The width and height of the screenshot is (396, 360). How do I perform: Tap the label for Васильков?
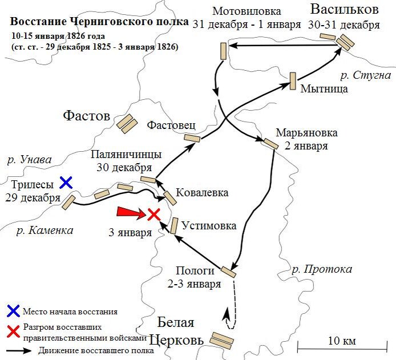tap(344, 10)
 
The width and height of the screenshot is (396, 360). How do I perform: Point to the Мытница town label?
tap(324, 88)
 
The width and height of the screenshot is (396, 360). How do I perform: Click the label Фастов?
tap(86, 116)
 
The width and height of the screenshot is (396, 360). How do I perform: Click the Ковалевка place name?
tap(202, 192)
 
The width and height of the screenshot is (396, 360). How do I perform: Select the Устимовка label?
tap(208, 226)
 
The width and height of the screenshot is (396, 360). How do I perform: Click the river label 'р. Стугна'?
tap(365, 75)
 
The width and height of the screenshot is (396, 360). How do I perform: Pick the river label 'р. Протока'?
tap(322, 269)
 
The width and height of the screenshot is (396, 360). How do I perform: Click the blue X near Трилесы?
tap(66, 183)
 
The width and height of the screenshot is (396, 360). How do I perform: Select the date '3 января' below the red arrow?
tap(131, 232)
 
